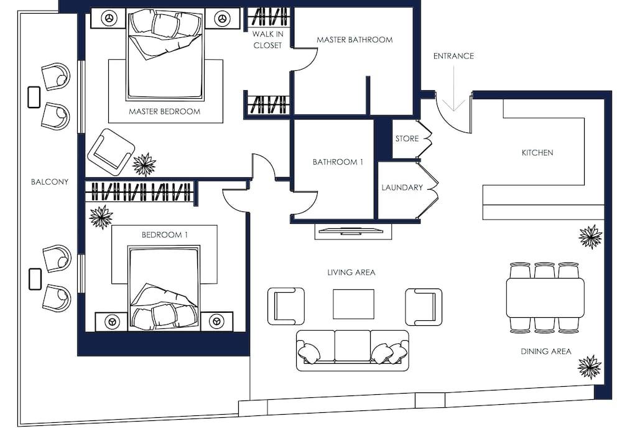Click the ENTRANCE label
tap(453, 56)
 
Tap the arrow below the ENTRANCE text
tap(453, 88)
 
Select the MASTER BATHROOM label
tap(355, 40)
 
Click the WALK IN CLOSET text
tap(267, 40)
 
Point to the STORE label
tap(407, 139)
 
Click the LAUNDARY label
tap(402, 187)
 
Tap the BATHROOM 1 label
tap(338, 162)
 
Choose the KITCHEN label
tap(537, 153)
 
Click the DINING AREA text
tap(546, 351)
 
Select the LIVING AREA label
tap(351, 272)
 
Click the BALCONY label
tap(50, 182)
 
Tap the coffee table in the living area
tap(353, 304)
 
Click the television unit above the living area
tap(353, 231)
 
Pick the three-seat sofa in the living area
tap(352, 351)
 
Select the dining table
tap(545, 297)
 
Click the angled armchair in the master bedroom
tap(111, 152)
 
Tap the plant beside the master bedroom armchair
tap(144, 165)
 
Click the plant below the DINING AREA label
tap(590, 367)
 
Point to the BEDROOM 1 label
tap(165, 235)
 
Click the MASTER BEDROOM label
tap(165, 111)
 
